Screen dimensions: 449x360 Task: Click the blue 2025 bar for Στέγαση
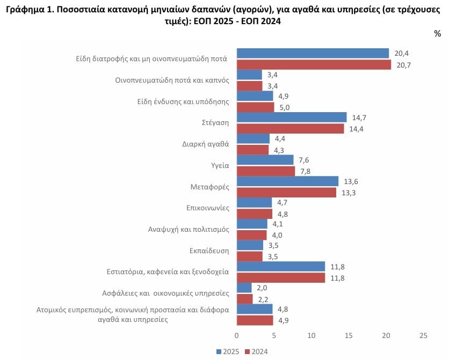[292, 117]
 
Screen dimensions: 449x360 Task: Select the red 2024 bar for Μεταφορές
[286, 193]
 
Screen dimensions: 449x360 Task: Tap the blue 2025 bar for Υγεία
[265, 160]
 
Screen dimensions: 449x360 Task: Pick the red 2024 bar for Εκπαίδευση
[249, 256]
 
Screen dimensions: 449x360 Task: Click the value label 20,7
[403, 65]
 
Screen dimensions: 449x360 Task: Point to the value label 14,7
[359, 117]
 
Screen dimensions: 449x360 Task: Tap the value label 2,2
[263, 299]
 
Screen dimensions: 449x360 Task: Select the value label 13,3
[349, 193]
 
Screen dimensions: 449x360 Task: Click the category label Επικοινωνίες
[208, 208]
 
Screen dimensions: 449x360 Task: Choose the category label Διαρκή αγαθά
[206, 144]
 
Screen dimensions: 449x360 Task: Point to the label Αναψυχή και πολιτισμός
[189, 229]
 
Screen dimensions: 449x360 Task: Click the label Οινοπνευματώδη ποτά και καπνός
[172, 80]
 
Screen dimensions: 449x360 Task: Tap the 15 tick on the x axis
[349, 335]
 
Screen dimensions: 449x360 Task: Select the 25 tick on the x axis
[423, 335]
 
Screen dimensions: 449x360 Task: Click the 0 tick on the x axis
[236, 335]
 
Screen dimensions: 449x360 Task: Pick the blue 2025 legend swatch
[219, 352]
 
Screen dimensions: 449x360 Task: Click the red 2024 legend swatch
[248, 352]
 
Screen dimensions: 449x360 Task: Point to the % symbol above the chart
[437, 34]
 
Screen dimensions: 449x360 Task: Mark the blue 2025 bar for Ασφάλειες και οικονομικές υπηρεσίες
[244, 288]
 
